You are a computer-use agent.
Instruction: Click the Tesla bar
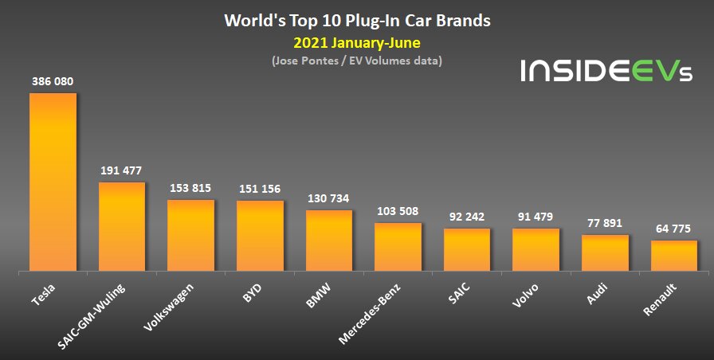coord(53,182)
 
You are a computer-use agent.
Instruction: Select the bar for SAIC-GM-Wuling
coord(122,227)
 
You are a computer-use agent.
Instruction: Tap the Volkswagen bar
coord(190,236)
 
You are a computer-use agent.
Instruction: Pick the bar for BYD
coord(260,237)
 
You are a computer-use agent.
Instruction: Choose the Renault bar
coord(674,256)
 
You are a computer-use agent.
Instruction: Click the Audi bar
coord(605,253)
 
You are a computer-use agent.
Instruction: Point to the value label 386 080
coord(53,81)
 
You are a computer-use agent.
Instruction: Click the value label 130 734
coord(328,198)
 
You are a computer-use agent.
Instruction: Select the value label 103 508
coord(398,211)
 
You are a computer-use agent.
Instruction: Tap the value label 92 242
coord(467,217)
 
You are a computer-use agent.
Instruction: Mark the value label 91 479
coord(535,217)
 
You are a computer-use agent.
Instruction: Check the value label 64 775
coord(674,229)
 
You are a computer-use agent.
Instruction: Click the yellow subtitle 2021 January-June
coord(356,42)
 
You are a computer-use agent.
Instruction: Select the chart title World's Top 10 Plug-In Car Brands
coord(356,19)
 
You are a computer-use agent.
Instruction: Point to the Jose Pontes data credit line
coord(356,61)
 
